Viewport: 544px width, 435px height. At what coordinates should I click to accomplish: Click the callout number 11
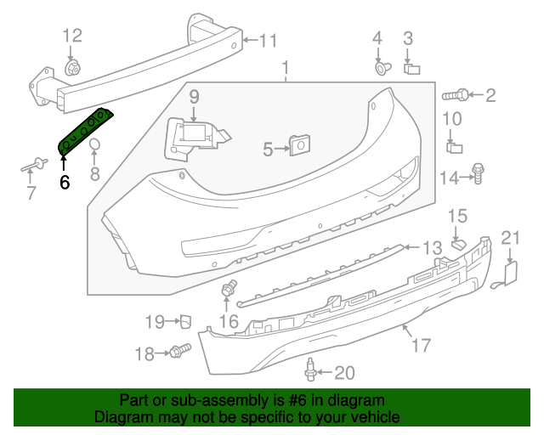(x=269, y=40)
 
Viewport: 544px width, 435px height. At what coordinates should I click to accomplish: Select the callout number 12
(x=72, y=36)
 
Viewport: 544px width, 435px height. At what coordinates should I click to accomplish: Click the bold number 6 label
(x=64, y=182)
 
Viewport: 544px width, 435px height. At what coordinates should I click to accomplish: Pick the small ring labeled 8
(x=95, y=144)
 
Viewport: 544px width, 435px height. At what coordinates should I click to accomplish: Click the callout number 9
(x=194, y=96)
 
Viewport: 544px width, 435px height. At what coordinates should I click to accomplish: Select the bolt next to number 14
(x=477, y=173)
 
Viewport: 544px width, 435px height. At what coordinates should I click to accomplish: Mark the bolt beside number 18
(x=179, y=350)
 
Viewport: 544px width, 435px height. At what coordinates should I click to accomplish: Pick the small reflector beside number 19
(x=183, y=321)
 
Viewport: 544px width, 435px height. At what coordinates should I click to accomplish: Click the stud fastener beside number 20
(x=310, y=370)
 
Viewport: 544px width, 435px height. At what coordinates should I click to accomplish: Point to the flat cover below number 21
(x=511, y=272)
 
